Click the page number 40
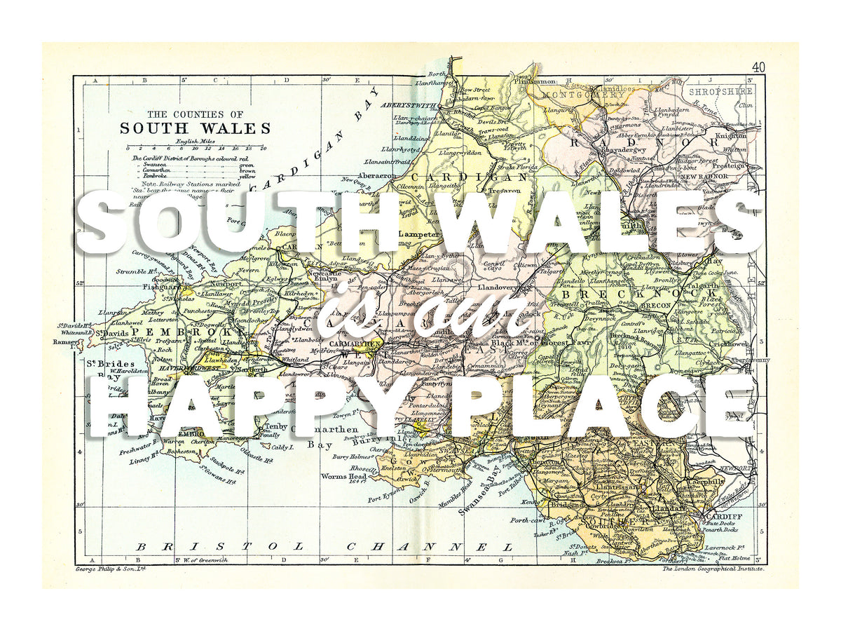coord(758,67)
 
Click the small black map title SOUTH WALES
coord(195,128)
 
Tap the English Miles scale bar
coord(195,148)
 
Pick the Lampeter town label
coord(418,235)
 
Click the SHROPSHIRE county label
coord(718,91)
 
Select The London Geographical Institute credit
coord(713,569)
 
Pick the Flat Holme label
coord(734,559)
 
